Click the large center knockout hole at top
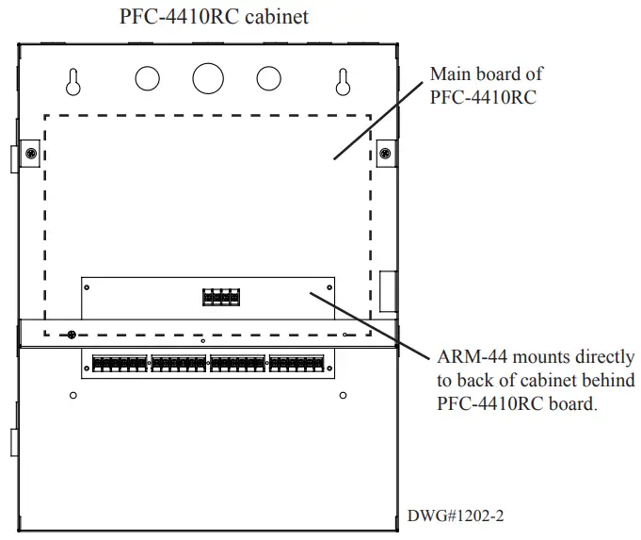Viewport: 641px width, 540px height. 209,78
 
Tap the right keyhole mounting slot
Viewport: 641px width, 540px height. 344,82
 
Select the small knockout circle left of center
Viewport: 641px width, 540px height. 148,78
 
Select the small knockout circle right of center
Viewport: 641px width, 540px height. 269,78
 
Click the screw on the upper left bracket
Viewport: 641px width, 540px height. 31,154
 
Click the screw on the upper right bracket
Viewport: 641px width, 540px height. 385,154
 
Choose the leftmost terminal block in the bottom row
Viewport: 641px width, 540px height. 120,363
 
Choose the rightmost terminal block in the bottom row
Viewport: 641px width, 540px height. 296,363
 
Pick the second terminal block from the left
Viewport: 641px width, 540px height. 179,363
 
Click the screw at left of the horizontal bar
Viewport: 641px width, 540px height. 71,335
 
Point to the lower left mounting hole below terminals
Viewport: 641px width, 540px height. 73,394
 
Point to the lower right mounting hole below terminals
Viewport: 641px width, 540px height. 343,394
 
